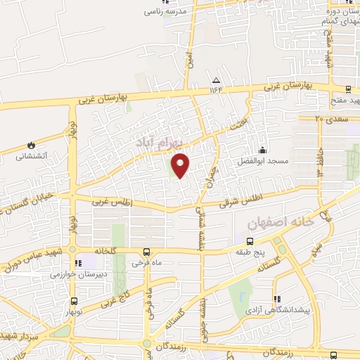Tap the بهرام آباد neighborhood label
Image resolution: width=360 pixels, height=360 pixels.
tap(160, 141)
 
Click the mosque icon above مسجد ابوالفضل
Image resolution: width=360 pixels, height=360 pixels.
tap(263, 150)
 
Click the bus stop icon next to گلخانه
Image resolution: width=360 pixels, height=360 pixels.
tap(146, 252)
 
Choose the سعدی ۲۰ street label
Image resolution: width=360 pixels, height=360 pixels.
tap(329, 118)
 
